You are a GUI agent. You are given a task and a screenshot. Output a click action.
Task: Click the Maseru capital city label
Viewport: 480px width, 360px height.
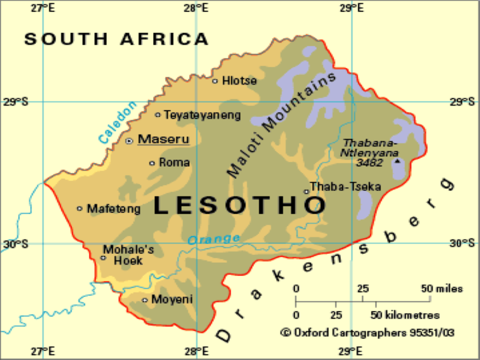pos(163,139)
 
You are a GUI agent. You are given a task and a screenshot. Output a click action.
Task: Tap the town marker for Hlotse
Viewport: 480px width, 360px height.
pos(215,80)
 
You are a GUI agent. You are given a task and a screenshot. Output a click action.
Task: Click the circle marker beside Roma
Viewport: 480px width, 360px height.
pos(152,163)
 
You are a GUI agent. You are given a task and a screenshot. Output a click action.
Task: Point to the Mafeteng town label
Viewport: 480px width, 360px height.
pos(114,209)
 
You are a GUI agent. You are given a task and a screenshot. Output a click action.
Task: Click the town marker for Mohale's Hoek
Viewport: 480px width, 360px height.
pos(103,258)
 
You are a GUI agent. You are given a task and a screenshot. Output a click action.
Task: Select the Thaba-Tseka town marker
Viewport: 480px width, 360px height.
pos(306,192)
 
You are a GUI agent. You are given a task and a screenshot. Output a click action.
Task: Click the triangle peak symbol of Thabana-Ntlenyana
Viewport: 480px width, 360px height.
pos(397,161)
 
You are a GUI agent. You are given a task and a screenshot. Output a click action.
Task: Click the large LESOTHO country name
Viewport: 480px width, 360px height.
pos(239,205)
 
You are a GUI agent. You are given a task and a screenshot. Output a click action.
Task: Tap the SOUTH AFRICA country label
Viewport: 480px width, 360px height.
pos(116,40)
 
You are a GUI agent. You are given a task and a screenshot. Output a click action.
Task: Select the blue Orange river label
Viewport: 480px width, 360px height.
pos(214,239)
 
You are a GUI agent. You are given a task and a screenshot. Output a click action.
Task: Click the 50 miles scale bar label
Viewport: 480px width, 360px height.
pos(442,289)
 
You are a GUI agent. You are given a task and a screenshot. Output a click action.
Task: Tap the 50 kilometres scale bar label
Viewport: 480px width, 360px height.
pos(405,315)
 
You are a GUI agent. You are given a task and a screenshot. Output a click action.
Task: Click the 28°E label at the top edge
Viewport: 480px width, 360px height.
pos(197,8)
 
